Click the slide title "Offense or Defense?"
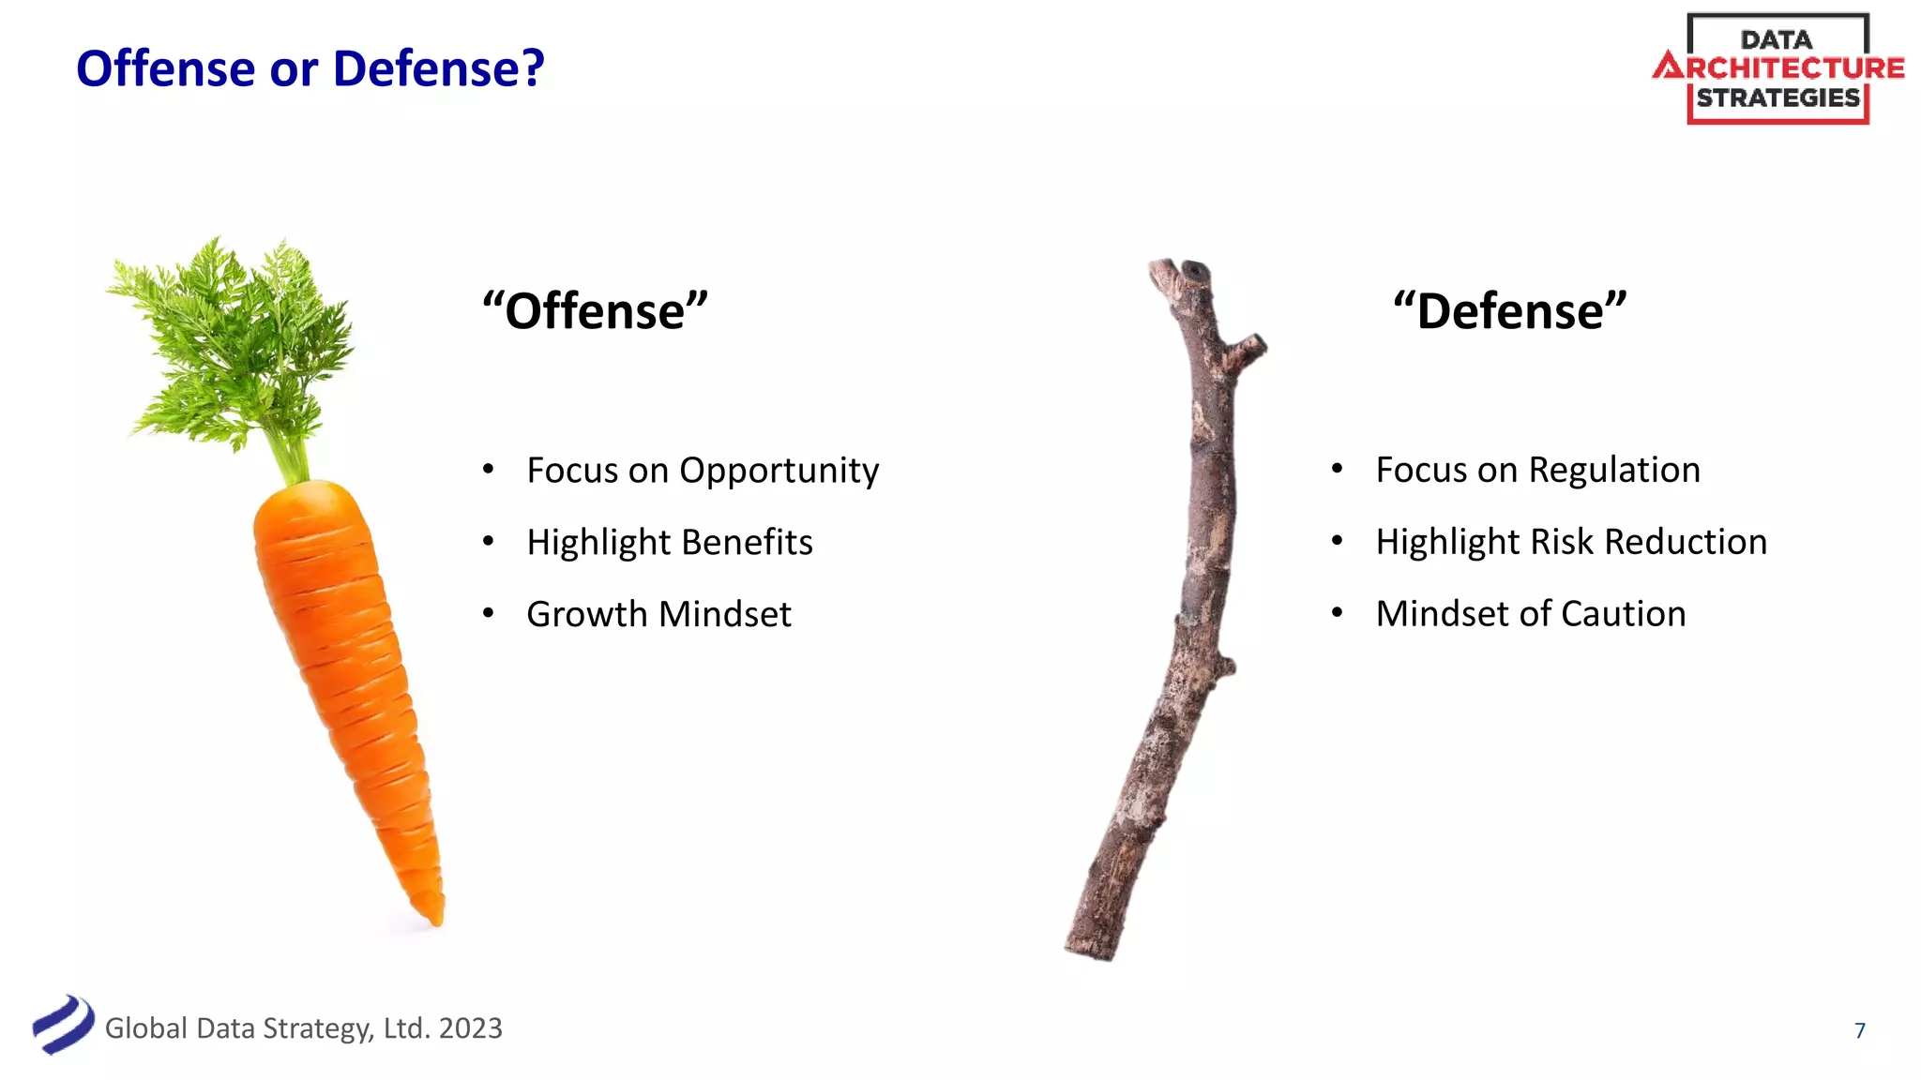coord(310,68)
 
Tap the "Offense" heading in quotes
coord(595,311)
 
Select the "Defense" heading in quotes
coord(1509,311)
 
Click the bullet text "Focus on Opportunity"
coord(703,470)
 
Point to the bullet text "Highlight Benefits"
coord(669,542)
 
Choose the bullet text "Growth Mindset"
coord(658,614)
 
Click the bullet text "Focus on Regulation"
coord(1537,470)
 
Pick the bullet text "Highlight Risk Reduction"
coord(1571,542)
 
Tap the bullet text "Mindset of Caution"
coord(1530,614)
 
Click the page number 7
coord(1860,1030)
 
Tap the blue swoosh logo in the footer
coord(63,1025)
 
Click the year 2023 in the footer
coord(470,1028)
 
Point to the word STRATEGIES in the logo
coord(1777,98)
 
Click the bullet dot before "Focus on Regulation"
coord(1337,468)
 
